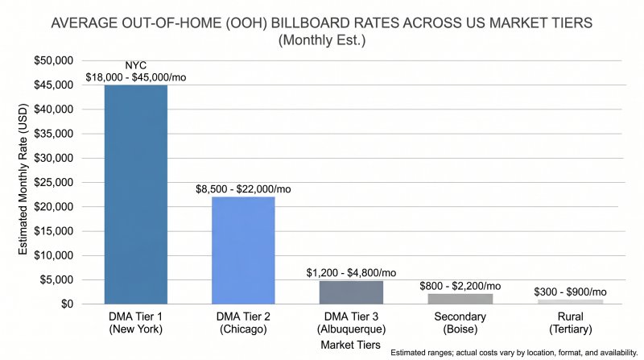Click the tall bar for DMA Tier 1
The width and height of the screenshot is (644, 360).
(135, 194)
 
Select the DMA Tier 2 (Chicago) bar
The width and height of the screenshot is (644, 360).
(243, 250)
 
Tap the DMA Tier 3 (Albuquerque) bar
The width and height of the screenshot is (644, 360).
(351, 292)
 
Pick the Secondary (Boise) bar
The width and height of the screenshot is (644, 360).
(459, 298)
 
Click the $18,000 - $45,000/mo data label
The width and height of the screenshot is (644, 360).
(135, 78)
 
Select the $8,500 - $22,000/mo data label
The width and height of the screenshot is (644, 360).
(243, 189)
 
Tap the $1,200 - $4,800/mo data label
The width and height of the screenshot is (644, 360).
(351, 273)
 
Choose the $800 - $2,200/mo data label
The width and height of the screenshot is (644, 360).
(459, 286)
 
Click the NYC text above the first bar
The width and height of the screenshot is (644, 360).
(135, 66)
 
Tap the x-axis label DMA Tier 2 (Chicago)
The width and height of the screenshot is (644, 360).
(243, 322)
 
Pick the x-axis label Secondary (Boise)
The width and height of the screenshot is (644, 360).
(459, 322)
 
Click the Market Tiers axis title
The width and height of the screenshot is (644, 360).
(351, 345)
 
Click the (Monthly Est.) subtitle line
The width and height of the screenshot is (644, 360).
(322, 39)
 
